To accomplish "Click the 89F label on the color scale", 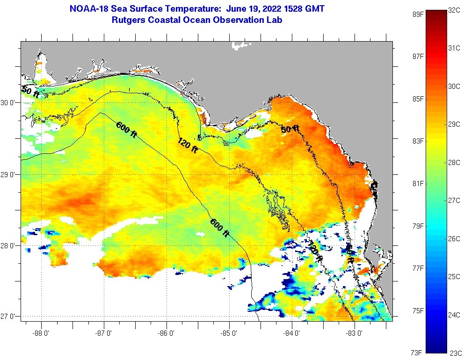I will [418, 14].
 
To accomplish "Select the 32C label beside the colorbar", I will [454, 10].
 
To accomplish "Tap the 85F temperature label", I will [418, 99].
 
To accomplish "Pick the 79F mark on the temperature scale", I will [418, 226].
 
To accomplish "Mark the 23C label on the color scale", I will [455, 353].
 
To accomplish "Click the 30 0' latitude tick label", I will [9, 102].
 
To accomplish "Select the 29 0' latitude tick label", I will [9, 175].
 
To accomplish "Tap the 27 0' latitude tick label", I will [9, 317].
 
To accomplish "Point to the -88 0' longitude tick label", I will [41, 334].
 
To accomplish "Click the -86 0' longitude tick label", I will [167, 334].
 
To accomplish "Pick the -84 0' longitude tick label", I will [292, 334].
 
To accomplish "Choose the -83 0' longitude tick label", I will [355, 334].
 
